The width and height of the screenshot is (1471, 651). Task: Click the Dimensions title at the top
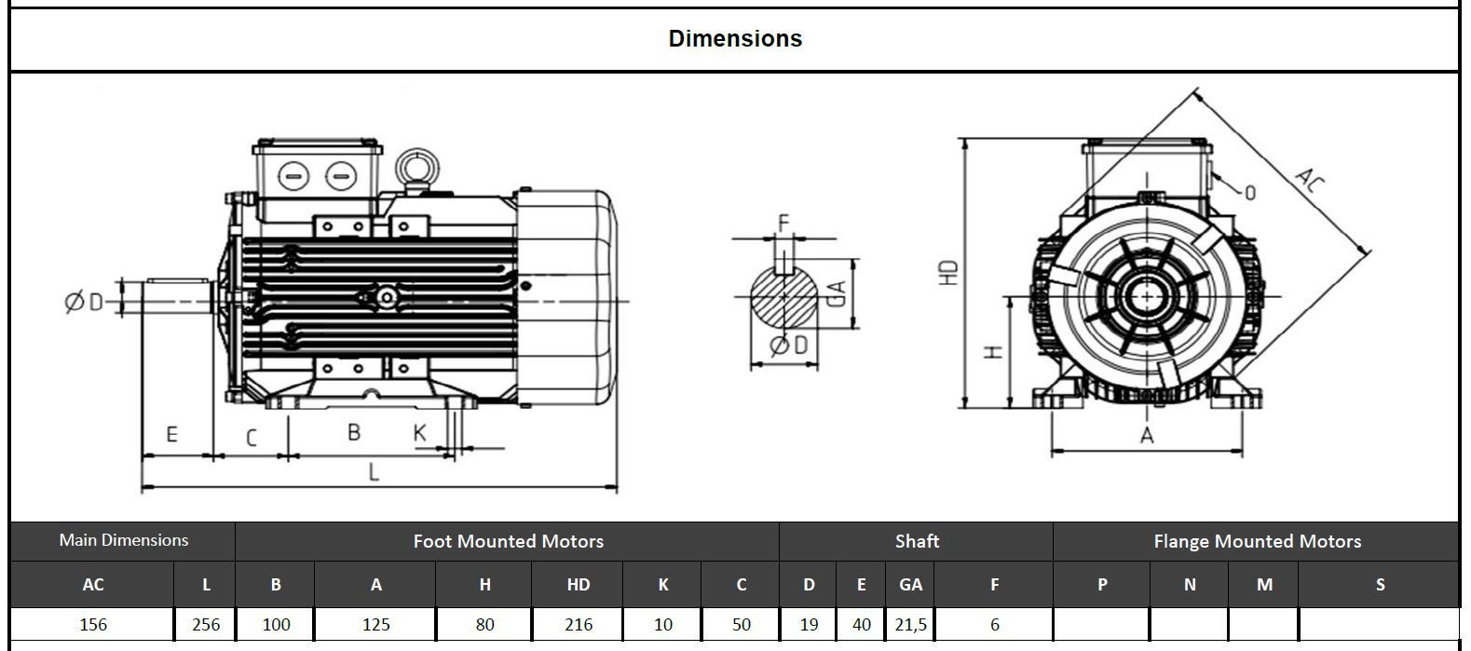pyautogui.click(x=735, y=38)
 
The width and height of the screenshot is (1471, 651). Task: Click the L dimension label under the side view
pyautogui.click(x=374, y=472)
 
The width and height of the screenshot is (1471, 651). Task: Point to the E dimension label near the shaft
pyautogui.click(x=171, y=434)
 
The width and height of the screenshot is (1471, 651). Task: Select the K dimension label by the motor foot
pyautogui.click(x=420, y=433)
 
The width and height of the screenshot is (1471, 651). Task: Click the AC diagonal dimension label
pyautogui.click(x=1309, y=180)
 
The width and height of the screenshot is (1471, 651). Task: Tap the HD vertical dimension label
pyautogui.click(x=948, y=272)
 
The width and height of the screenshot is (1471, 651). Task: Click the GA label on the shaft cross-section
pyautogui.click(x=837, y=294)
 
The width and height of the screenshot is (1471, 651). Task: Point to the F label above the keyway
pyautogui.click(x=783, y=223)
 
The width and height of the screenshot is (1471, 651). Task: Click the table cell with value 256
pyautogui.click(x=206, y=624)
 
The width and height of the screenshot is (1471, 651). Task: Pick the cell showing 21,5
pyautogui.click(x=910, y=624)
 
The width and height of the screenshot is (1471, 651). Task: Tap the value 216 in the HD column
pyautogui.click(x=579, y=624)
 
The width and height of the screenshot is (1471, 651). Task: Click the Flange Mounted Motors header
pyautogui.click(x=1257, y=541)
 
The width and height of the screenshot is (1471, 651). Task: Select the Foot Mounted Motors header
pyautogui.click(x=508, y=541)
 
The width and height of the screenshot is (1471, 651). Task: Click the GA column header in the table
pyautogui.click(x=910, y=585)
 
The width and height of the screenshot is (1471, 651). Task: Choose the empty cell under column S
pyautogui.click(x=1379, y=624)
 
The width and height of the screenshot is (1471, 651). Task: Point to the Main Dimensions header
pyautogui.click(x=123, y=540)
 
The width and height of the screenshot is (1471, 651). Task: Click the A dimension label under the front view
pyautogui.click(x=1147, y=436)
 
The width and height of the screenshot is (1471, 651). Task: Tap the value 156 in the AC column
pyautogui.click(x=93, y=624)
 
